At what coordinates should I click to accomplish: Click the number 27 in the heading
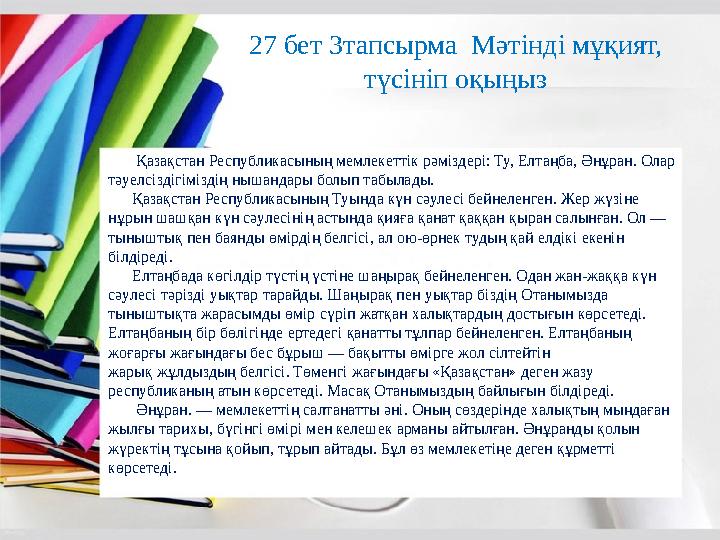point(263,46)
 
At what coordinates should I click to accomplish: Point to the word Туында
point(315,199)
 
